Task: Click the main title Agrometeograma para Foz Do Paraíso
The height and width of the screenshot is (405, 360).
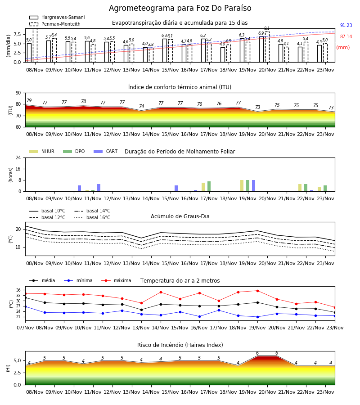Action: (180, 8)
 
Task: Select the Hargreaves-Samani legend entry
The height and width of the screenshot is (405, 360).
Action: (57, 17)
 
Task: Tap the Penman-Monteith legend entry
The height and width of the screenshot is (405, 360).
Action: (55, 24)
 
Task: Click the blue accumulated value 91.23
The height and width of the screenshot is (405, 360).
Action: (346, 25)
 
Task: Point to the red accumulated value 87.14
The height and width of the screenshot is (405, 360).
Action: (346, 37)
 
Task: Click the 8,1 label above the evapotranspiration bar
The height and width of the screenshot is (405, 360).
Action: (267, 28)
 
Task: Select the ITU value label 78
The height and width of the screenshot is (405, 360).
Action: (83, 102)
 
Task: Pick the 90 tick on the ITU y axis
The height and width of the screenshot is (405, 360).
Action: (18, 93)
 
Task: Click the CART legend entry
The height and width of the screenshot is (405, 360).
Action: (106, 151)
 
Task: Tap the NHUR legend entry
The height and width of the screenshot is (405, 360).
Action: (42, 151)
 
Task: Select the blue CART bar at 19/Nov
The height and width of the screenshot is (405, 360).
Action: (254, 186)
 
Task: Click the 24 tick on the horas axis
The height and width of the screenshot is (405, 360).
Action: (18, 157)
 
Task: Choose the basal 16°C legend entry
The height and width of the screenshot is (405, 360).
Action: (92, 217)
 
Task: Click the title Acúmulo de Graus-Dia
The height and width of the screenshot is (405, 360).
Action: (180, 216)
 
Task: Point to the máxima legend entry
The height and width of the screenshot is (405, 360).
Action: (116, 280)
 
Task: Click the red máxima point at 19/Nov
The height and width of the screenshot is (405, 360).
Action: (257, 291)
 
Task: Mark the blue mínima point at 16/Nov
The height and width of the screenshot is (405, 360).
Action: (200, 316)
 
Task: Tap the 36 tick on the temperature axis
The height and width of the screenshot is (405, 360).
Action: (18, 290)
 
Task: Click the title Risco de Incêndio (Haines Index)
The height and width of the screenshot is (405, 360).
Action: (180, 345)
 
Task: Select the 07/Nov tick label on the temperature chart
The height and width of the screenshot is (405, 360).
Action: (25, 328)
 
